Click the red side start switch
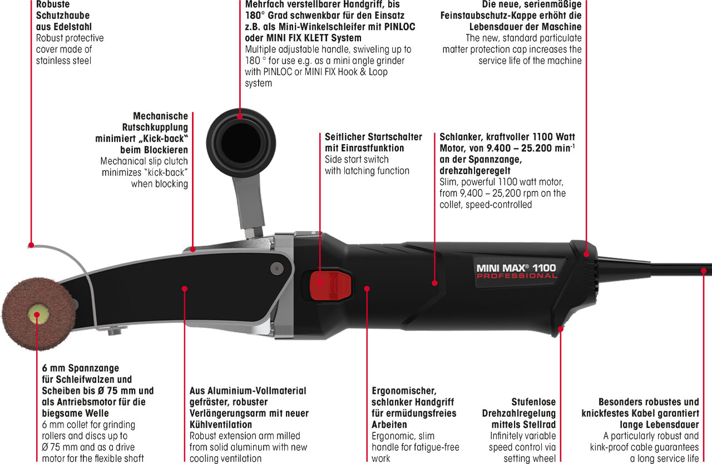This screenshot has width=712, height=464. pos(330,285)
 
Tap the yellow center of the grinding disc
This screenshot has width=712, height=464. pos(38,315)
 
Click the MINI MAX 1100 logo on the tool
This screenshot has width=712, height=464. pos(516,268)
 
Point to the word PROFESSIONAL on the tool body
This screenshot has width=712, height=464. pos(517,276)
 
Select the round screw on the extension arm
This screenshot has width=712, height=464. pos(277,268)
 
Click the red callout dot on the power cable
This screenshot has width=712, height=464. pos(704,271)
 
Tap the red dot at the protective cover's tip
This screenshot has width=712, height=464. pos(31,245)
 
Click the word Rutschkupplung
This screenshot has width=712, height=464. pos(155,127)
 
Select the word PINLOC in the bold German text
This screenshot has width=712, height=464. pos(400,27)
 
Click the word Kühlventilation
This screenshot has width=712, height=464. pos(221,424)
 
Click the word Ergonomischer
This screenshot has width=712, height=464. pos(404,391)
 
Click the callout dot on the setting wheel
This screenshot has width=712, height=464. pos(561,329)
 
